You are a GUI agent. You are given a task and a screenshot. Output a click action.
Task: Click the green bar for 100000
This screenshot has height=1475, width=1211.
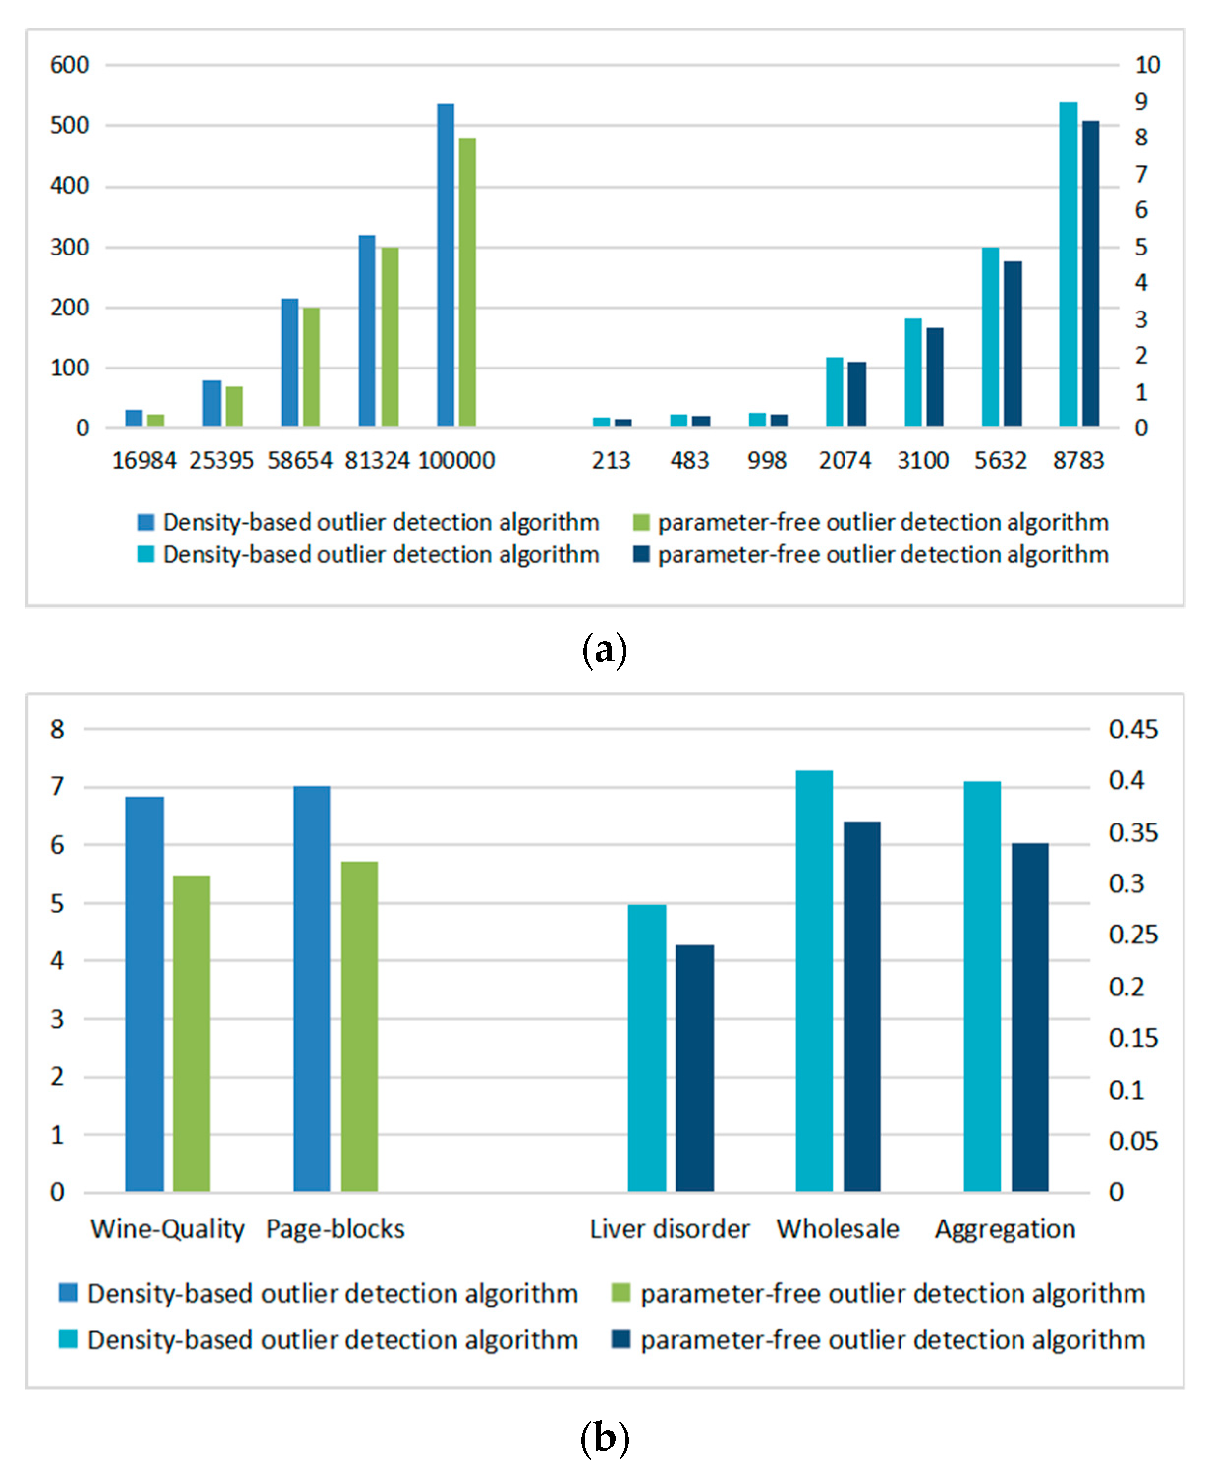tap(467, 282)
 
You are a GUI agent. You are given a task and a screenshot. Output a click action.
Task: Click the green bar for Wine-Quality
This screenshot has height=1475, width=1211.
tap(191, 1033)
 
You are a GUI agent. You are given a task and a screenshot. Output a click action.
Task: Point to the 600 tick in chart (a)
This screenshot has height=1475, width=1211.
tap(70, 65)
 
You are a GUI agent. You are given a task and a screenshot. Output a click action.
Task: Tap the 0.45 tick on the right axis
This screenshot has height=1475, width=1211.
tap(1133, 730)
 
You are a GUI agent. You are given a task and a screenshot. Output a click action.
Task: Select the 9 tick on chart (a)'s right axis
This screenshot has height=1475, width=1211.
tap(1141, 102)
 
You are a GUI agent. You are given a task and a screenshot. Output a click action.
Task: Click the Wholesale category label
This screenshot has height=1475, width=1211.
tap(838, 1229)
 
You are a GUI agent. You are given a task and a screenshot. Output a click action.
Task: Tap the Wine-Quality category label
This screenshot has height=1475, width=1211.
tap(168, 1229)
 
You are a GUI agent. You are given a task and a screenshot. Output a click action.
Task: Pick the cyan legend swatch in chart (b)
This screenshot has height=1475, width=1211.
tap(68, 1339)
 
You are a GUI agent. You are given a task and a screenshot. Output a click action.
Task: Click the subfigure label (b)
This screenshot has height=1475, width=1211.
tap(604, 1438)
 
